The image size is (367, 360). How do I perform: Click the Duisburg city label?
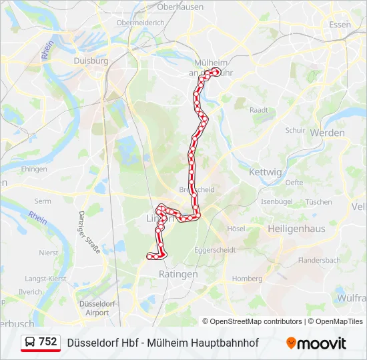[x=91, y=61]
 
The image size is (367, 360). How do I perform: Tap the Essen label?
[x=340, y=25]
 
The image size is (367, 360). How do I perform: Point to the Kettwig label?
[x=265, y=172]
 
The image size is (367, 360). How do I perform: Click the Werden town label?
[x=328, y=133]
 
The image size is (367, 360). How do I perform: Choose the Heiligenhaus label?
[x=296, y=228]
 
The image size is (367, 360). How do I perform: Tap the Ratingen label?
[x=178, y=274]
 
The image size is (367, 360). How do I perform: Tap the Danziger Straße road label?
[x=89, y=232]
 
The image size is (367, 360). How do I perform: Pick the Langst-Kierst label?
[x=45, y=278]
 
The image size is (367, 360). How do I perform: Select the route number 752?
[x=48, y=342]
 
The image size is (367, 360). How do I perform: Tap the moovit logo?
[x=316, y=343]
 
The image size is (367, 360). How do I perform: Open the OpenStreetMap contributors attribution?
[x=256, y=321]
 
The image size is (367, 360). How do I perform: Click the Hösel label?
[x=236, y=228]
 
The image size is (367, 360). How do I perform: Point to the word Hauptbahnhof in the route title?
[x=223, y=343]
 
